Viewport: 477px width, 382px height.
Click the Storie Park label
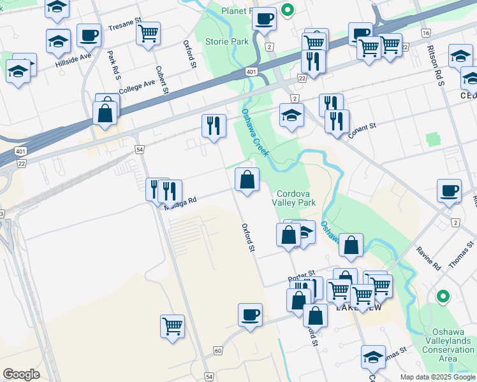(226, 42)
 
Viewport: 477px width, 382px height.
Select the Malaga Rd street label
(180, 203)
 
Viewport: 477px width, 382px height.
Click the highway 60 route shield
(218, 351)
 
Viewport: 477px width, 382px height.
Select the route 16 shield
(425, 32)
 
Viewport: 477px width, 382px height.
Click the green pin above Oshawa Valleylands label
(442, 296)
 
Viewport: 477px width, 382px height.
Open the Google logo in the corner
(21, 374)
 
